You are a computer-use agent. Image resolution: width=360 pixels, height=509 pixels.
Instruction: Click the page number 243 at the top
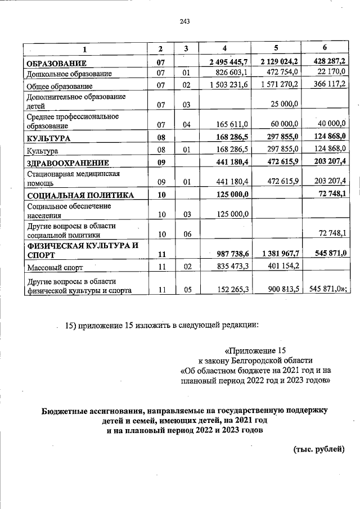click(x=184, y=21)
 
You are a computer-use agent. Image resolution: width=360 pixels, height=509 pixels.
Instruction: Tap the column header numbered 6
click(x=325, y=47)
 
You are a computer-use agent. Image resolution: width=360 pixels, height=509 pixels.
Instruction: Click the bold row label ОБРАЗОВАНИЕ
click(x=55, y=62)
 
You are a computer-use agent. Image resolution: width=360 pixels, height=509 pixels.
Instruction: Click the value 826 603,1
click(x=232, y=73)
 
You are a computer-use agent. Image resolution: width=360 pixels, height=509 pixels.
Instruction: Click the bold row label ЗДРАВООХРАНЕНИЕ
click(x=67, y=163)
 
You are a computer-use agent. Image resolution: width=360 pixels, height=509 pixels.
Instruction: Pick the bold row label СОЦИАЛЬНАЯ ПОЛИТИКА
click(x=80, y=196)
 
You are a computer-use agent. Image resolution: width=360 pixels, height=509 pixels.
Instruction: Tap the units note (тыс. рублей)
click(x=318, y=449)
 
